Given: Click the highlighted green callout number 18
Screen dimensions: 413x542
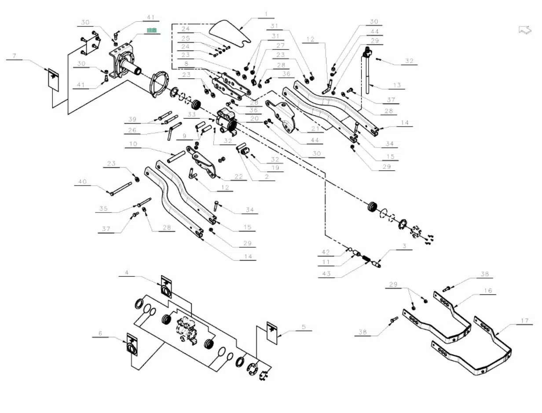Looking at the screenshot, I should pyautogui.click(x=152, y=30).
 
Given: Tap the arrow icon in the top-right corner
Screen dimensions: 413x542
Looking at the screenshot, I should pyautogui.click(x=525, y=30).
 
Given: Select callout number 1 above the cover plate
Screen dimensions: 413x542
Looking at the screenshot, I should pyautogui.click(x=266, y=14).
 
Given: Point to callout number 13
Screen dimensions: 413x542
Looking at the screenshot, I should pyautogui.click(x=397, y=85).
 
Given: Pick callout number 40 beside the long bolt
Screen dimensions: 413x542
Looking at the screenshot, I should pyautogui.click(x=83, y=182).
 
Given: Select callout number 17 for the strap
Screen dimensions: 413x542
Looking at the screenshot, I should pyautogui.click(x=524, y=321).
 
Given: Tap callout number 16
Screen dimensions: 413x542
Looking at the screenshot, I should pyautogui.click(x=488, y=291).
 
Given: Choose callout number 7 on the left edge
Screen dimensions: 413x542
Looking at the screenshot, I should pyautogui.click(x=15, y=56).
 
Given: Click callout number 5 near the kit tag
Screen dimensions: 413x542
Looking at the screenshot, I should pyautogui.click(x=304, y=327).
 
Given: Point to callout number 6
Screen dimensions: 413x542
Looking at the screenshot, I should pyautogui.click(x=100, y=334).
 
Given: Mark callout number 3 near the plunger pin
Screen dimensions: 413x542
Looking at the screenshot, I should pyautogui.click(x=404, y=246).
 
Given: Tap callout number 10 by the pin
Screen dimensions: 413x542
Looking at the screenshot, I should pyautogui.click(x=133, y=144).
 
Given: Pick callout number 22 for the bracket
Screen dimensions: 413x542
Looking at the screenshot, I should pyautogui.click(x=238, y=177).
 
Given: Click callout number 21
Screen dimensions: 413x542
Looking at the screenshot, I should pyautogui.click(x=315, y=128).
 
